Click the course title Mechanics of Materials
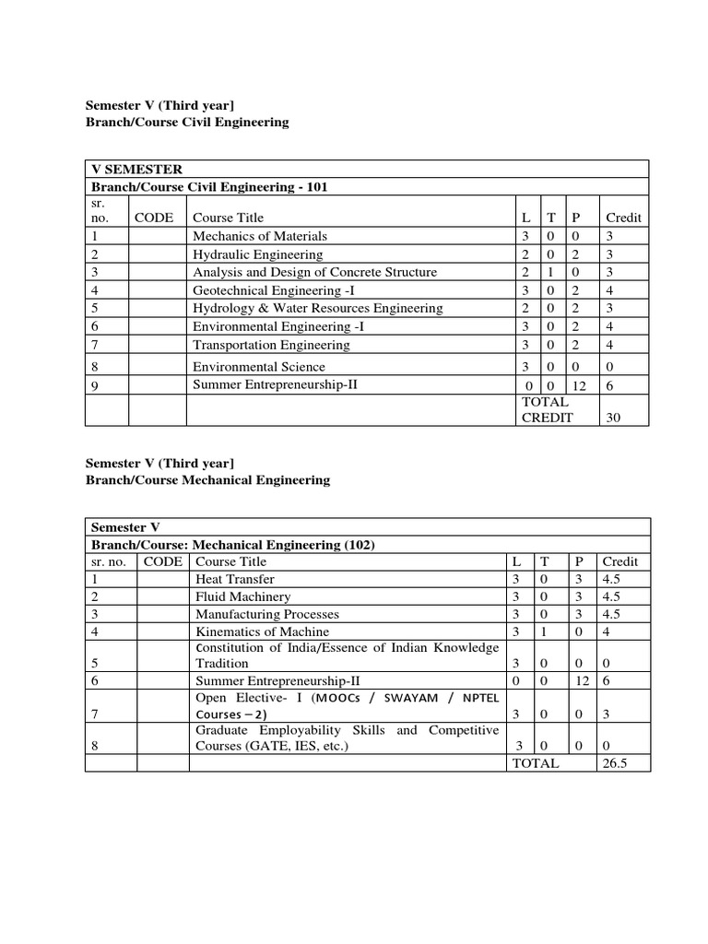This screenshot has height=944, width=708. click(x=260, y=236)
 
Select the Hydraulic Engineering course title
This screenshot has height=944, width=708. click(x=257, y=254)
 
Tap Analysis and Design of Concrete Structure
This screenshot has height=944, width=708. click(x=314, y=272)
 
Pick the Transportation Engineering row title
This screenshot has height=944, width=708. click(x=271, y=345)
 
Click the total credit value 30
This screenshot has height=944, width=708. click(x=613, y=418)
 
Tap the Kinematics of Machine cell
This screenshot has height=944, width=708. click(x=262, y=631)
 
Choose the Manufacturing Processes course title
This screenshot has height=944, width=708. click(x=267, y=614)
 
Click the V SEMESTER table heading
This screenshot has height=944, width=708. click(x=136, y=170)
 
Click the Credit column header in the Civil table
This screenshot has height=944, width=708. click(x=623, y=218)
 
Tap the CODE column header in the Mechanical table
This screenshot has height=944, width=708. click(x=163, y=561)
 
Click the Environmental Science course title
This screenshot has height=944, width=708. click(x=258, y=367)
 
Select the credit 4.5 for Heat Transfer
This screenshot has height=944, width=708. click(x=614, y=579)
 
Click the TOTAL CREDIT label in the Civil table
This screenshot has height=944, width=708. click(x=548, y=409)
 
